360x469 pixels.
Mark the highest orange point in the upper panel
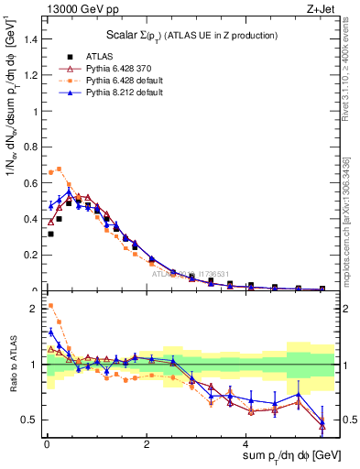pos(60,169)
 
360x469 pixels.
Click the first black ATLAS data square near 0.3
pos(50,234)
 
